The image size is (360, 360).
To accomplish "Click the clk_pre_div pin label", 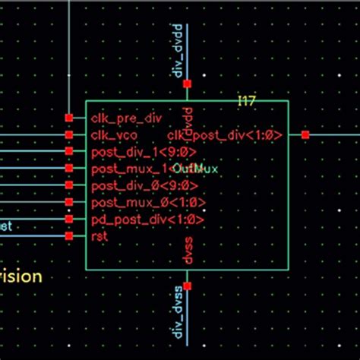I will tap(126, 118).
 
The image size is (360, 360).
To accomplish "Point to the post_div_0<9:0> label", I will tap(133, 186).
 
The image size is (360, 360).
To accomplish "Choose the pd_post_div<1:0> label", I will tap(137, 219).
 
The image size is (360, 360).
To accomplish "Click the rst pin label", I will tap(99, 236).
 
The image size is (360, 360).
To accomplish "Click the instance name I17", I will tap(246, 101).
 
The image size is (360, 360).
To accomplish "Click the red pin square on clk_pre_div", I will tap(69, 118).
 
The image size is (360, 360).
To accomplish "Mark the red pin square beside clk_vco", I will tap(69, 135).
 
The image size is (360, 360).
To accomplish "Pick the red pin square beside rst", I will tap(69, 236).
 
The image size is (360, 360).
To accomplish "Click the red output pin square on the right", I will tap(305, 135).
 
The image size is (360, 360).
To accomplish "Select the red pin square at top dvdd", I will tap(188, 84).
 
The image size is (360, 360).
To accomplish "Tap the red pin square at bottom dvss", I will tap(188, 286).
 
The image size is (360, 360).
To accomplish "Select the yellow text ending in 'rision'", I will tap(21, 276).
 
